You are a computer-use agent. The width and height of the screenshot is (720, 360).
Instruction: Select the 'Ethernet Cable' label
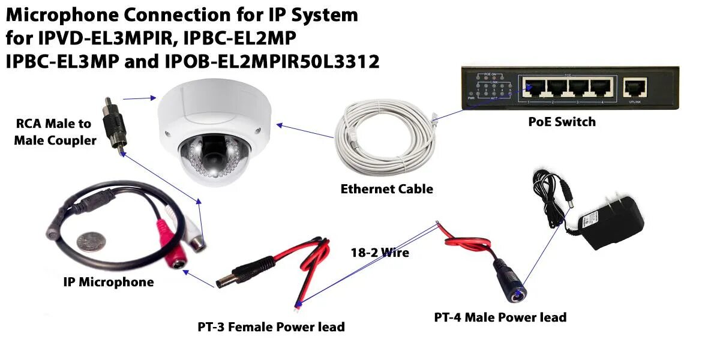click(x=386, y=189)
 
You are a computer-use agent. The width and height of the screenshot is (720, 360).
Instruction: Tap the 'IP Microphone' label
click(x=109, y=281)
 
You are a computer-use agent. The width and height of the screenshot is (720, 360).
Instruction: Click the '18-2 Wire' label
click(x=380, y=253)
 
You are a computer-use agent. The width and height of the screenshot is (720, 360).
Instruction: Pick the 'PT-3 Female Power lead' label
click(x=271, y=327)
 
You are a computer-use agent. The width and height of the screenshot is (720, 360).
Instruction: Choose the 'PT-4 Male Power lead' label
click(x=500, y=317)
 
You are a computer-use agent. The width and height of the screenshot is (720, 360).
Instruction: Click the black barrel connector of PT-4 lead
click(x=507, y=275)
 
